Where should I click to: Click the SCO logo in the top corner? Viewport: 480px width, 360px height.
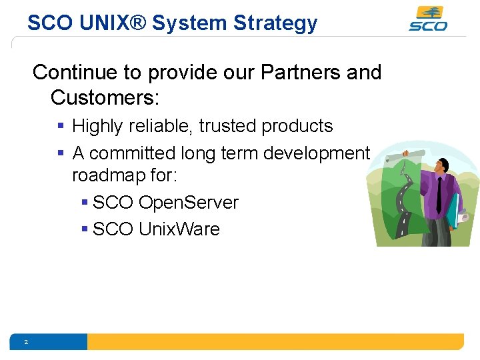point(427,19)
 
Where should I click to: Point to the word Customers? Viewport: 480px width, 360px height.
point(105,97)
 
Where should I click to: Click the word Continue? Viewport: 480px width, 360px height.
point(75,72)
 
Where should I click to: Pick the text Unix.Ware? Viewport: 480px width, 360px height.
point(179,229)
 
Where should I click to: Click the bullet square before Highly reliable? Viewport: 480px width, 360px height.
point(61,126)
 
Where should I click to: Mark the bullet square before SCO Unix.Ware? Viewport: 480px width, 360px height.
point(84,229)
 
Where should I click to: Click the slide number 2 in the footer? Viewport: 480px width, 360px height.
point(25,342)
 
